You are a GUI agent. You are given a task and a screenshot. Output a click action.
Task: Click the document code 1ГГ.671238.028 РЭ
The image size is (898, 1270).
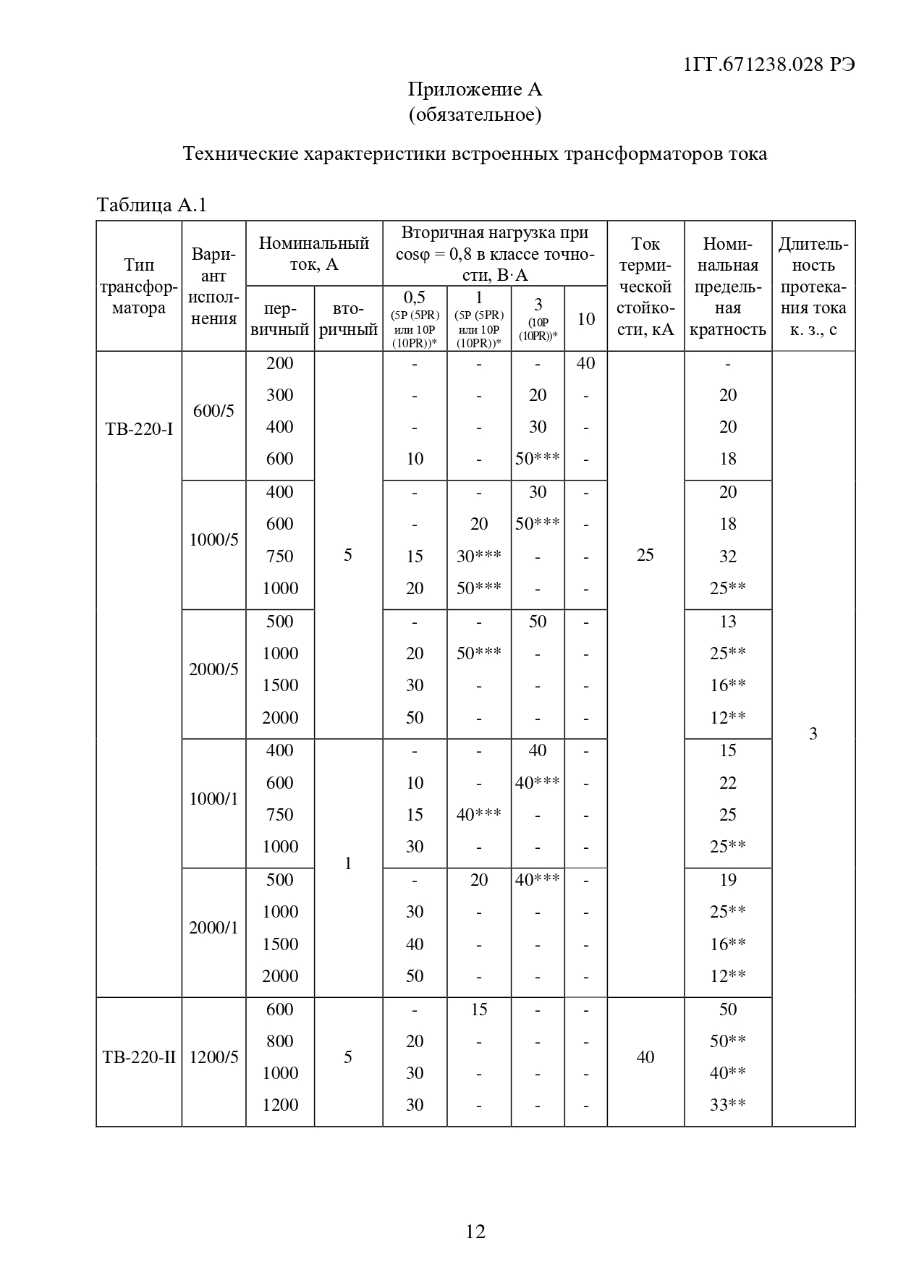point(768,64)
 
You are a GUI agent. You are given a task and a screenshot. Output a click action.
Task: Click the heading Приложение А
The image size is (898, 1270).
point(475,89)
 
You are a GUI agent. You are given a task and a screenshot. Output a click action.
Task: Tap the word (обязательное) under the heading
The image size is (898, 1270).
point(475,114)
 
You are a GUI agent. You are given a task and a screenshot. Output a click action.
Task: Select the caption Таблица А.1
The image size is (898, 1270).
point(152,206)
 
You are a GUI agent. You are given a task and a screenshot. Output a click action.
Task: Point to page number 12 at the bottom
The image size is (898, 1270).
point(475,1231)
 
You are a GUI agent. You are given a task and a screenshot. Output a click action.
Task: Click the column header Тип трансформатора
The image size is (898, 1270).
point(139,287)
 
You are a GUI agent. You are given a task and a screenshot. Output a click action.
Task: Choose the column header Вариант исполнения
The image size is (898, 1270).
point(213,287)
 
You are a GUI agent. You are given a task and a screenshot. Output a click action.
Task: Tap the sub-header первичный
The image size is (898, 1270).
point(280,320)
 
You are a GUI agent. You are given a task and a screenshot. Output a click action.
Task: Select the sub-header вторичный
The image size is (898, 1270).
point(348,320)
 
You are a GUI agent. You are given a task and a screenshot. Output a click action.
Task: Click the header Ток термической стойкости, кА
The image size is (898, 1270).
point(645,287)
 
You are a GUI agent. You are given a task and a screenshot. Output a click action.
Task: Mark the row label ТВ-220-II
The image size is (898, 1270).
point(139,1057)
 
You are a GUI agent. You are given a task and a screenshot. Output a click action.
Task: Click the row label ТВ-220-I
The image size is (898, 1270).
point(139,429)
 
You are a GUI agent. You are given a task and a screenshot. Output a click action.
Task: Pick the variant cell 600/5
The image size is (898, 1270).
point(213,411)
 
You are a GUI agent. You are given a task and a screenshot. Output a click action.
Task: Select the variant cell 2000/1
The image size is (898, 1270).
point(213,928)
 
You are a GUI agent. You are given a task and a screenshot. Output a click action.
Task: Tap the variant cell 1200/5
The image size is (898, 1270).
point(213,1057)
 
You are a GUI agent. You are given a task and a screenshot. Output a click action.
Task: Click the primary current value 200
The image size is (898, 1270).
point(280,363)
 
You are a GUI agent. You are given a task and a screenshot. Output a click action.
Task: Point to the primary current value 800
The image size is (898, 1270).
point(280,1041)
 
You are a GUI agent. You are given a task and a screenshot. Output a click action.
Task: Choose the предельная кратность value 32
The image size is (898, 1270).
point(728,556)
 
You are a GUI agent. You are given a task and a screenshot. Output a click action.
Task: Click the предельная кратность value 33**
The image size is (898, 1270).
point(728,1105)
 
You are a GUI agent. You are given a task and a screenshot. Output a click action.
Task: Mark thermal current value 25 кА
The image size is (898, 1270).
point(645,555)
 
